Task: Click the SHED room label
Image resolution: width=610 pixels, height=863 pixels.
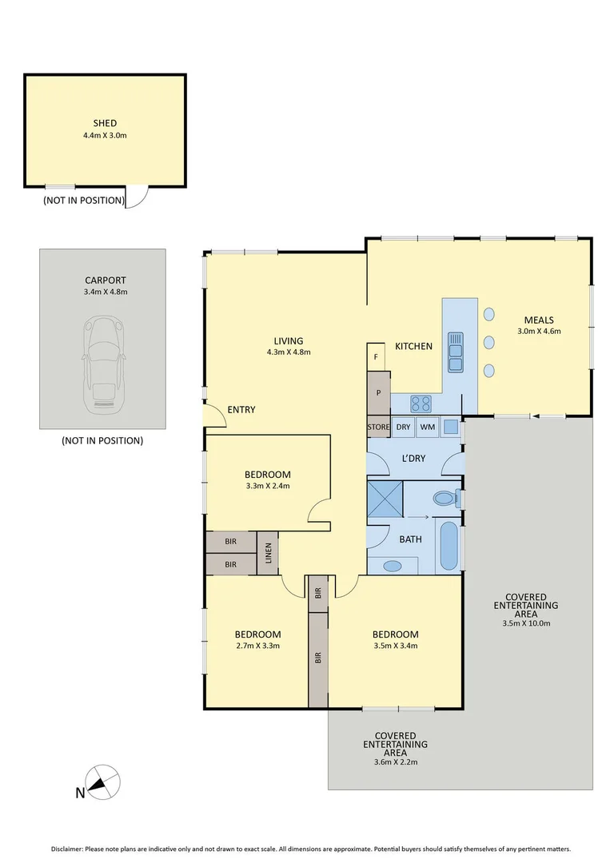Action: pyautogui.click(x=105, y=123)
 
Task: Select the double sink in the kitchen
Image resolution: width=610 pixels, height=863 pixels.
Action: pyautogui.click(x=457, y=352)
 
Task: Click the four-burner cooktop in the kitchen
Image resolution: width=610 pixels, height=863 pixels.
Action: pyautogui.click(x=421, y=404)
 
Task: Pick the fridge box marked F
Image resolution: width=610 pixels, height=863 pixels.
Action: pyautogui.click(x=376, y=356)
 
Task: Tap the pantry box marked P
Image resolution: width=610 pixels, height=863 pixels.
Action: pyautogui.click(x=378, y=393)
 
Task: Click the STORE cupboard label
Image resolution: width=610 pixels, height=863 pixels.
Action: pyautogui.click(x=378, y=428)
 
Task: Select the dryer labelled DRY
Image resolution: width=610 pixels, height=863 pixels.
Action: pyautogui.click(x=403, y=428)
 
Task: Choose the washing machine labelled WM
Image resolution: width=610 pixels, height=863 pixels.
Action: pyautogui.click(x=428, y=428)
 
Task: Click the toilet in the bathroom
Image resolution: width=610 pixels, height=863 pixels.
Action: pyautogui.click(x=445, y=499)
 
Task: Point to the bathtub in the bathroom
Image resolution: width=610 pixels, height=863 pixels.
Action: pyautogui.click(x=449, y=546)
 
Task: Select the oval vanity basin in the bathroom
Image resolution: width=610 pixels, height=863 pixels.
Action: pyautogui.click(x=393, y=566)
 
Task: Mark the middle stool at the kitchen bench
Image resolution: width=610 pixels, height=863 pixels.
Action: pyautogui.click(x=488, y=343)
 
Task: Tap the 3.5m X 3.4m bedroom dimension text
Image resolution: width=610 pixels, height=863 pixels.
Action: pyautogui.click(x=395, y=646)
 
